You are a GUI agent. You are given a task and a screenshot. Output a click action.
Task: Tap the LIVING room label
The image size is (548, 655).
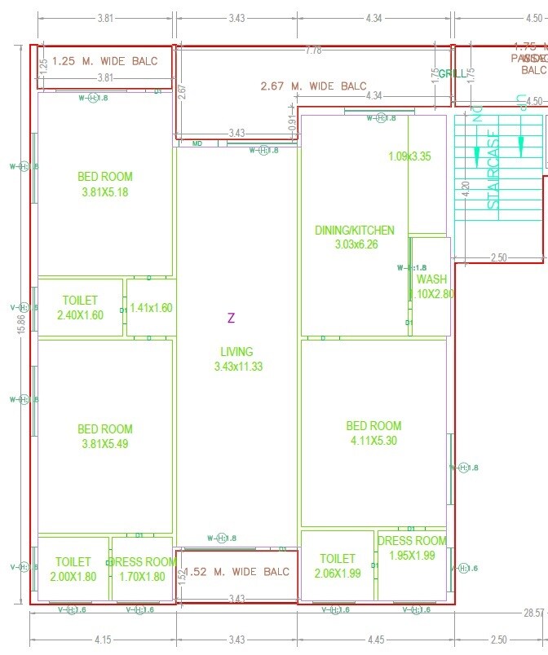[236, 352]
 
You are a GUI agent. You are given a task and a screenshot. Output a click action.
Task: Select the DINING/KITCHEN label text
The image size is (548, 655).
[354, 231]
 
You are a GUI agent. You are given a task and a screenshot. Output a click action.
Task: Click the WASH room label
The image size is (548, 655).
[431, 279]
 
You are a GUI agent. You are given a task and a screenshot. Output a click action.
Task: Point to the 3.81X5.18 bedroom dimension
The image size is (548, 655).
[104, 192]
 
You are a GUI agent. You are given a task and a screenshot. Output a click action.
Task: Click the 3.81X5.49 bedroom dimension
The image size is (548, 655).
[104, 444]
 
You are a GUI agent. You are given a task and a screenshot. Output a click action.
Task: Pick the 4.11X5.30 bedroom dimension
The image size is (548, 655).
[373, 441]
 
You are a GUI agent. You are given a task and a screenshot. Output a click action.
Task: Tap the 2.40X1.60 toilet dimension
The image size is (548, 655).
[80, 315]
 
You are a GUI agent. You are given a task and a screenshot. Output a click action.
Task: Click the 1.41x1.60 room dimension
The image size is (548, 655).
[152, 308]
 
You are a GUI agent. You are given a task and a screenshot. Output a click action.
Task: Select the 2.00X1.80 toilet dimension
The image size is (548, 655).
[73, 576]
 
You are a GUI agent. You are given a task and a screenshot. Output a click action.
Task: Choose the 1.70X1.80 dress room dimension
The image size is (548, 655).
[142, 576]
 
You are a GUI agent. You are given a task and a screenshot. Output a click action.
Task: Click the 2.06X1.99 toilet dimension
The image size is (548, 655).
[338, 573]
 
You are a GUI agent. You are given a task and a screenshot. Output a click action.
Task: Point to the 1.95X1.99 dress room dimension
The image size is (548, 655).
[412, 556]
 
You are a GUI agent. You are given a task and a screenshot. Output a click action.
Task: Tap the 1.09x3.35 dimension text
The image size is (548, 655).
[409, 156]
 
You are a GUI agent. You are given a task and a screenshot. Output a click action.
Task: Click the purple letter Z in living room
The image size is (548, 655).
[231, 318]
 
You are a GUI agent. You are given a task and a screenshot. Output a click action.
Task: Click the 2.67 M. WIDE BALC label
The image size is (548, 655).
[313, 86]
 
